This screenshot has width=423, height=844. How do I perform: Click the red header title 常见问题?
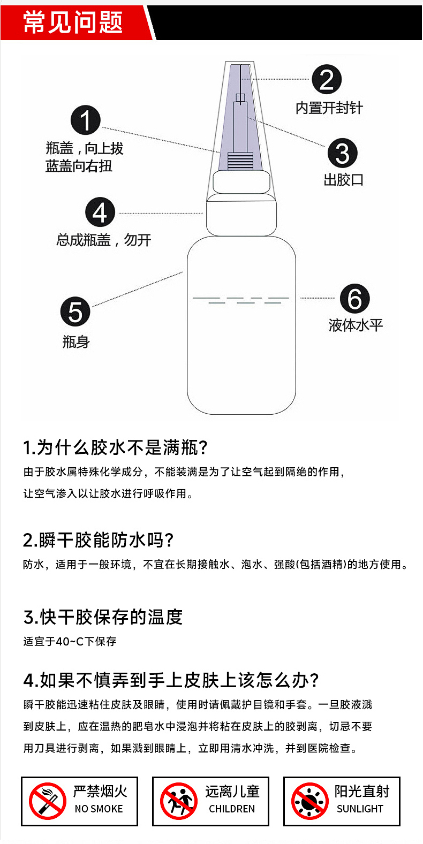(x=73, y=22)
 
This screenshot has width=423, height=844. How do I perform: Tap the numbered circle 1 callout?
(x=86, y=120)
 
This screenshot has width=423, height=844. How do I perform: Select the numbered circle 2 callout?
(x=327, y=80)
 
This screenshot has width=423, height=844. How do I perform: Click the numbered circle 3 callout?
(x=342, y=153)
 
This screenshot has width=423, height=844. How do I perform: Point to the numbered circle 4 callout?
(x=100, y=212)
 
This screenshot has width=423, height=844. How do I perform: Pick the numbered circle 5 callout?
(x=75, y=311)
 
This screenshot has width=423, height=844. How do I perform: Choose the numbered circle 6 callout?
(x=354, y=299)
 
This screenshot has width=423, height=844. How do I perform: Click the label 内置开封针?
(x=329, y=108)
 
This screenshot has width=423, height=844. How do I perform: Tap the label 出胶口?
(x=343, y=180)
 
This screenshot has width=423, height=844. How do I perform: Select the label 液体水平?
(x=356, y=325)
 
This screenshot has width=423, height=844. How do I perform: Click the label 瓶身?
(x=76, y=342)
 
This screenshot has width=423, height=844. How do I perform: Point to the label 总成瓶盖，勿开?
(x=104, y=240)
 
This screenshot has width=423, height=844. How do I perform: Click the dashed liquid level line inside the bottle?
(x=241, y=300)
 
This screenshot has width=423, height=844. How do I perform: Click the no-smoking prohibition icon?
(x=48, y=801)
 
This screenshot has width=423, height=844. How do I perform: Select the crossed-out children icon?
(x=179, y=801)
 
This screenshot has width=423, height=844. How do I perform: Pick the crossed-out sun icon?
(x=309, y=801)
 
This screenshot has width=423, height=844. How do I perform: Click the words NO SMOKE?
(x=99, y=809)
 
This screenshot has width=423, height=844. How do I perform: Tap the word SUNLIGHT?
(x=360, y=809)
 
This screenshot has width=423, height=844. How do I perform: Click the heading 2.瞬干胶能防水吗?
(x=98, y=540)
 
